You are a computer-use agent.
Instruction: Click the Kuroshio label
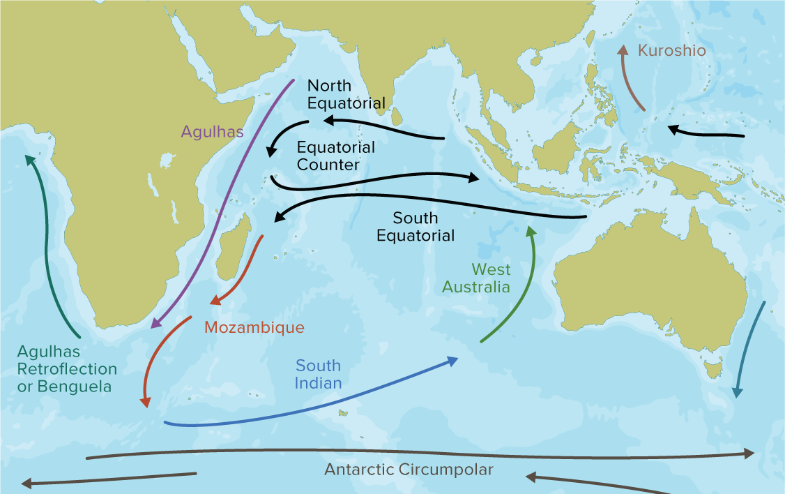(671, 51)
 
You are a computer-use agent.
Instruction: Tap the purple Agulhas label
(213, 131)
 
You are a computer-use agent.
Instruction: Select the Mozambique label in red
(254, 327)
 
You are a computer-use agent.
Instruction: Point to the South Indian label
(318, 374)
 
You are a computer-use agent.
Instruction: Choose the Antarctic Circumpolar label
(409, 470)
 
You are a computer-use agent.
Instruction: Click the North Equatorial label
(346, 95)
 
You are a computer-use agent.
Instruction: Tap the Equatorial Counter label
(335, 156)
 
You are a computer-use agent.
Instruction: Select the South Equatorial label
(416, 226)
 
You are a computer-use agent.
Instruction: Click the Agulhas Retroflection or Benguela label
(67, 368)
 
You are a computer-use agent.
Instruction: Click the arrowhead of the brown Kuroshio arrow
(623, 50)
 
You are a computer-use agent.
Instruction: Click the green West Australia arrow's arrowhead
(531, 230)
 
